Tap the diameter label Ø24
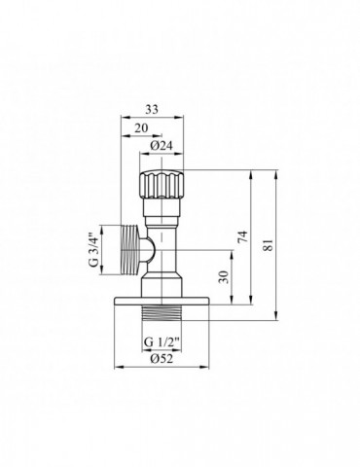coord(162,146)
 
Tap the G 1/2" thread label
coord(162,343)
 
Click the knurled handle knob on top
coord(162,182)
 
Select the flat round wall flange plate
coord(162,297)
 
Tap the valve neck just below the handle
coord(162,209)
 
